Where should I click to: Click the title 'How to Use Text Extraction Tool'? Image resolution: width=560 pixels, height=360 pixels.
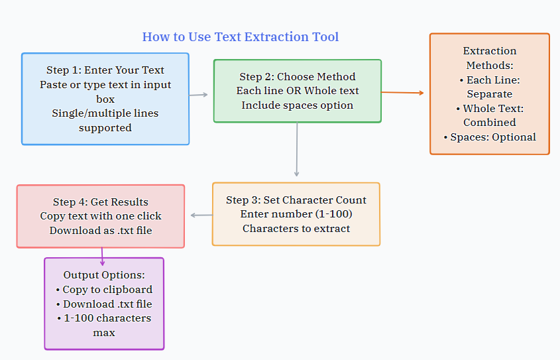(241, 36)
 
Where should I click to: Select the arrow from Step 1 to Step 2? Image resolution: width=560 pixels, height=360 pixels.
(199, 95)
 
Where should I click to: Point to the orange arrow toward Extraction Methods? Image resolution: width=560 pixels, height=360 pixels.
(402, 93)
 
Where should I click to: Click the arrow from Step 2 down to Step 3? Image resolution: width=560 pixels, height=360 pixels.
(297, 149)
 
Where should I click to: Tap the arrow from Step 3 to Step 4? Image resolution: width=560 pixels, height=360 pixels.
(201, 215)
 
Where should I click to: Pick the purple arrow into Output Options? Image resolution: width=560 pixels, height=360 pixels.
(102, 257)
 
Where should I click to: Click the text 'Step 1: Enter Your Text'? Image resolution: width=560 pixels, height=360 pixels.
(105, 70)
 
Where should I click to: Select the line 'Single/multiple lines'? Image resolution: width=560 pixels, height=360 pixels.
(105, 113)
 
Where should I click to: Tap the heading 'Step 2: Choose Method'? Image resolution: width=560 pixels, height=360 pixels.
(298, 76)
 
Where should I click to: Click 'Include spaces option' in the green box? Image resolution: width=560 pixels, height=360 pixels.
(298, 105)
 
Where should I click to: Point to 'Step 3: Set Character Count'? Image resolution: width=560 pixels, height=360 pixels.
(296, 200)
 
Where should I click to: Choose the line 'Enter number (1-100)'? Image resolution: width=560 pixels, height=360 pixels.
(296, 214)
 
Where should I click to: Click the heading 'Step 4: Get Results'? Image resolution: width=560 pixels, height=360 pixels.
(101, 202)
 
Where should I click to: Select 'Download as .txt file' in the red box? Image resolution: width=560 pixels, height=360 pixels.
(101, 231)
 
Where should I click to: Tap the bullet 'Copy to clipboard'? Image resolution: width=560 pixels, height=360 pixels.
(104, 290)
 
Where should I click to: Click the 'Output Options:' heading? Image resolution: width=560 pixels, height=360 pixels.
(104, 275)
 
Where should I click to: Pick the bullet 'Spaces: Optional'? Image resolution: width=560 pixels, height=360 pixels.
(490, 137)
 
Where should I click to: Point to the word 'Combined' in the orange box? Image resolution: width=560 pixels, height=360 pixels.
(490, 123)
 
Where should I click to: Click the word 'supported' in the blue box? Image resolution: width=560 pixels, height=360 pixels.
(105, 128)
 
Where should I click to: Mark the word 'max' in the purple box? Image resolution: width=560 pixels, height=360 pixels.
(104, 333)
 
